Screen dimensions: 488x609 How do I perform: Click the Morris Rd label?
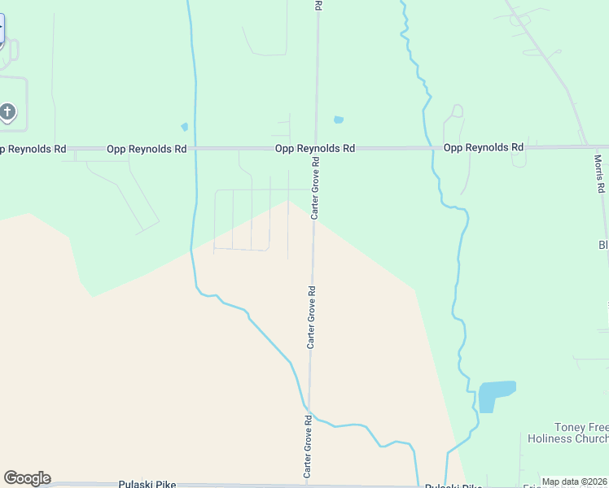(599, 173)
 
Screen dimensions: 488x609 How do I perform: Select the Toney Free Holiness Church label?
(580, 433)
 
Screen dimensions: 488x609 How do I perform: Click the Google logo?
(27, 478)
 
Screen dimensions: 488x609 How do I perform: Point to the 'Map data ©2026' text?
(575, 481)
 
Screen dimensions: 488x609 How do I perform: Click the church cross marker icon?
(7, 111)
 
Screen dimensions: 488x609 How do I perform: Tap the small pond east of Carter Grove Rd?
(339, 120)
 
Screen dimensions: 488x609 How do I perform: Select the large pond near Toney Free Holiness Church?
(495, 395)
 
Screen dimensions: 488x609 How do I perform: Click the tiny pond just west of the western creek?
(185, 127)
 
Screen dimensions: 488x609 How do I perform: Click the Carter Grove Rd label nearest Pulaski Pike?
(309, 447)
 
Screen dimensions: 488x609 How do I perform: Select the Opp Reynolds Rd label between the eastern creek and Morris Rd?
(483, 148)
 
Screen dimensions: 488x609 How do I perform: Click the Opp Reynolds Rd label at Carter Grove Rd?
(314, 148)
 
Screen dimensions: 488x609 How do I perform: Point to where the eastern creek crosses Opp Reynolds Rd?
(432, 148)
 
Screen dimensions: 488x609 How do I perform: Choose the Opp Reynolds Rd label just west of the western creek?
(147, 149)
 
